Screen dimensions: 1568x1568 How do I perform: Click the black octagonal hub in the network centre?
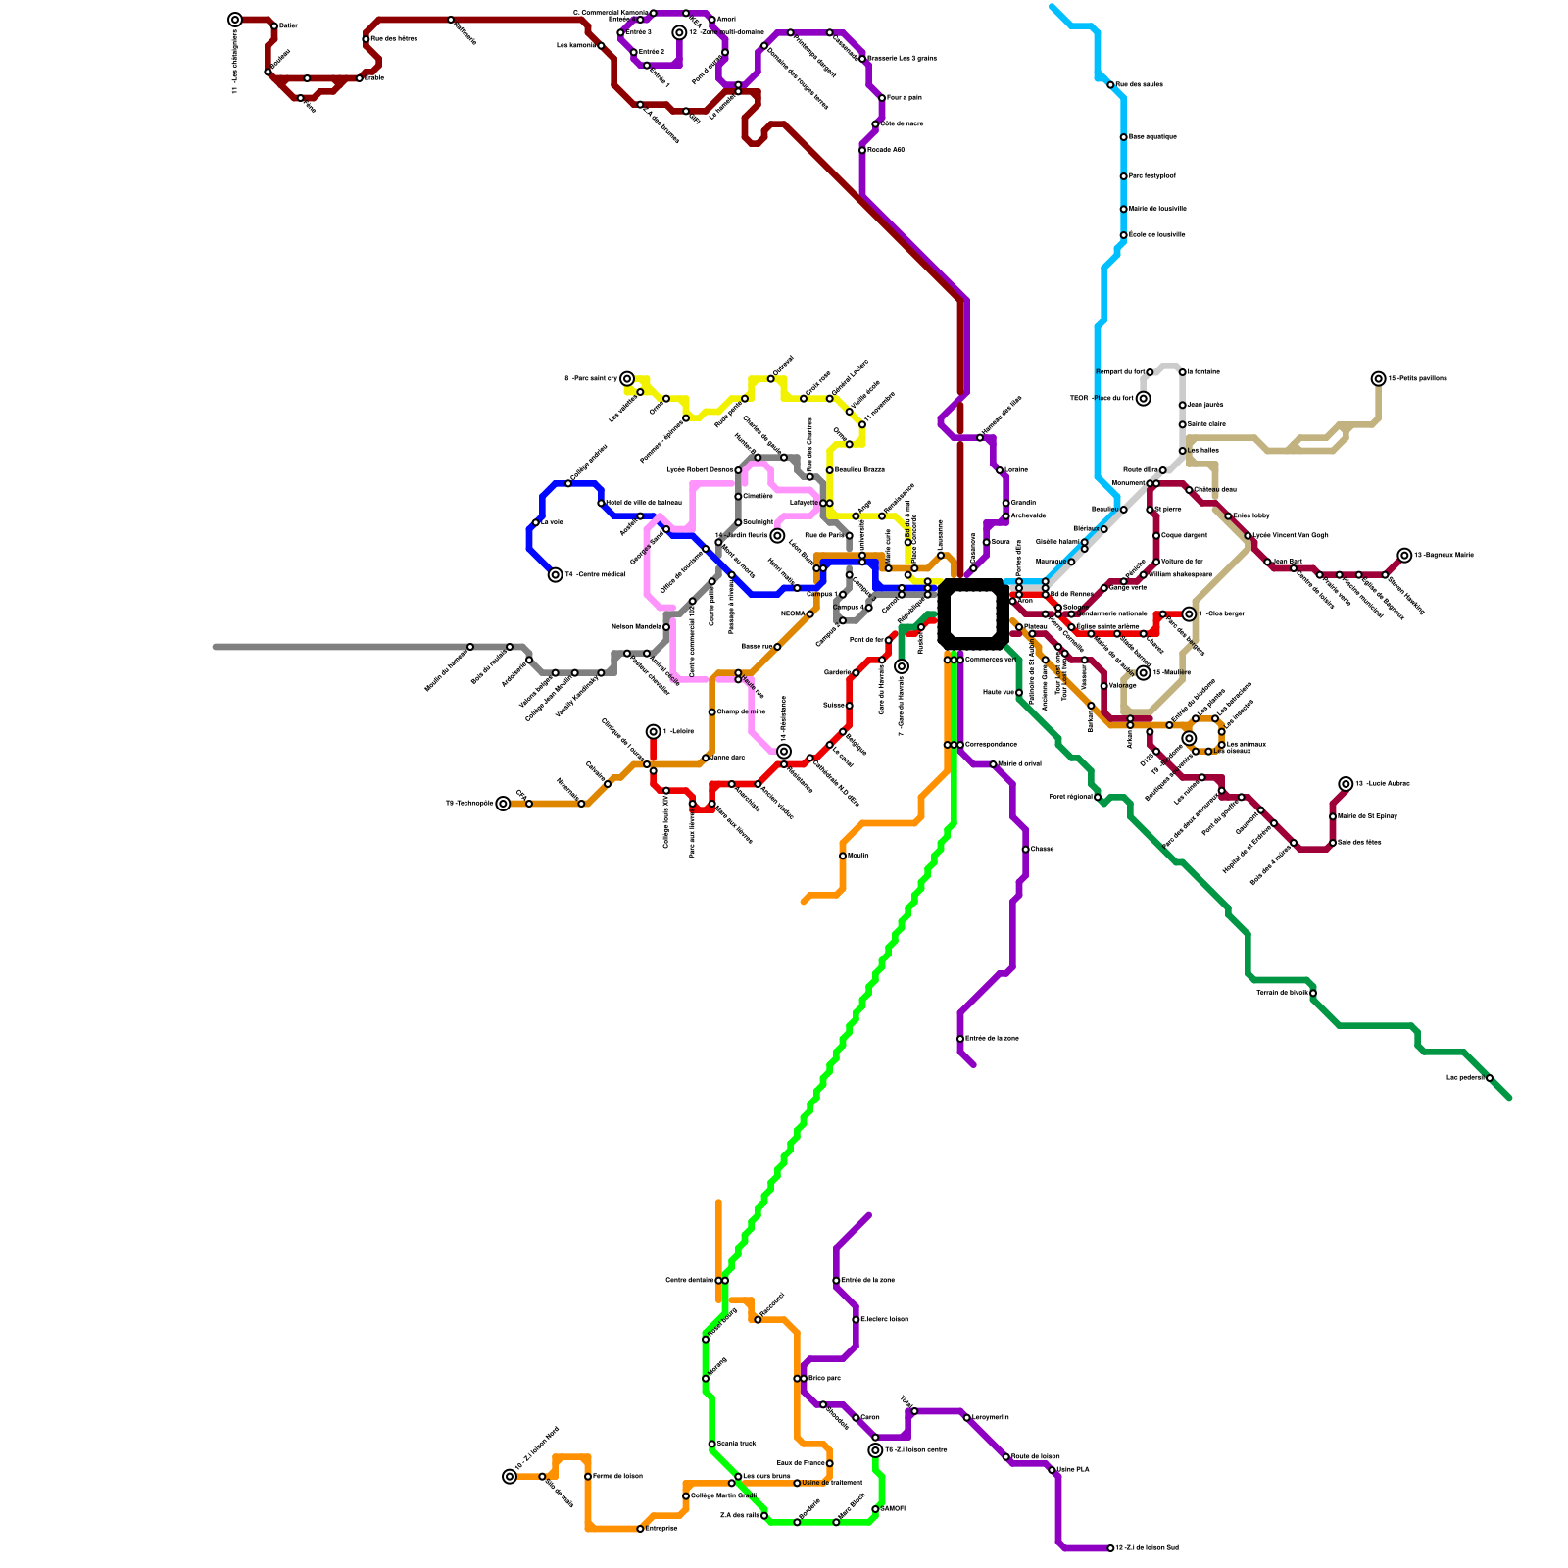972,614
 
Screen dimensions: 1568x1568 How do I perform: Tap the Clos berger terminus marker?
1189,614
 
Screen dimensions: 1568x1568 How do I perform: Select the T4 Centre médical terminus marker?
556,575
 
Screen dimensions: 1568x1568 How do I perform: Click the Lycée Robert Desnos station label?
700,470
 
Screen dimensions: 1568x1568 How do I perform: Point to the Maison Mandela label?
636,626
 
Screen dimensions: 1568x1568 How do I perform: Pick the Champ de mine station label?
741,711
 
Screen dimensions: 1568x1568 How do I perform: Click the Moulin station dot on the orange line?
843,856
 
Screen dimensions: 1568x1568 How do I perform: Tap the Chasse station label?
1043,849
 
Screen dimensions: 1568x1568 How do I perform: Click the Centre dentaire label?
689,1280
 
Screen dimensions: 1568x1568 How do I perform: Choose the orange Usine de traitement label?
832,1483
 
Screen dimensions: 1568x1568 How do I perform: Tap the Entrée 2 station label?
652,52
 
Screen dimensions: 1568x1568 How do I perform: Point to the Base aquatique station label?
1152,137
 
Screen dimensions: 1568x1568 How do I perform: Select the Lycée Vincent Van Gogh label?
1291,535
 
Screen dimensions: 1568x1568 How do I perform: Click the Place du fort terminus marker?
1143,399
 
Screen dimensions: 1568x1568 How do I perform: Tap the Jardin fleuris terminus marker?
777,536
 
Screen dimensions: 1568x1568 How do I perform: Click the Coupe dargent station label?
1184,535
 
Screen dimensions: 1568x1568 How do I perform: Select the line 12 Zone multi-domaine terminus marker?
679,32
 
